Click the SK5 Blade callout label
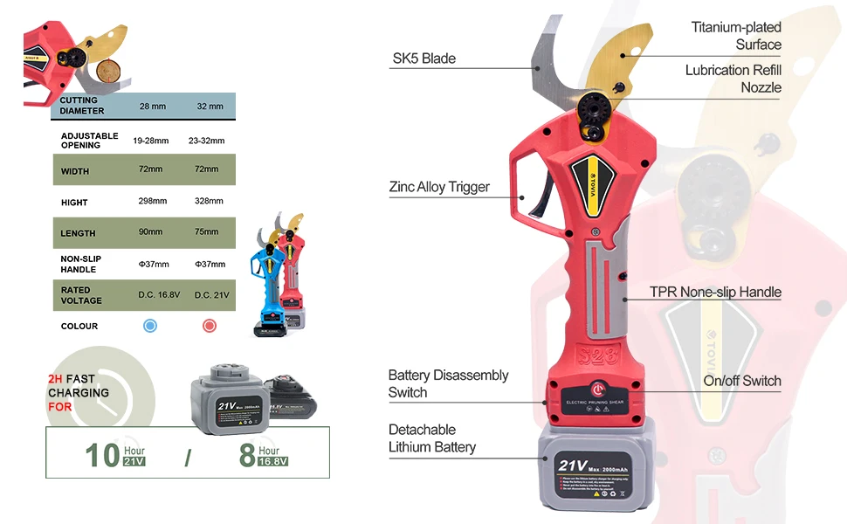[x=423, y=59]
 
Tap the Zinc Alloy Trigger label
[x=439, y=187]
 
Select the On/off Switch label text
[x=742, y=381]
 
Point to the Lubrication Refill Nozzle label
[x=733, y=79]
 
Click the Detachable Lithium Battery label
[x=432, y=438]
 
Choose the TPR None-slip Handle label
[x=715, y=292]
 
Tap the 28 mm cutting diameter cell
[x=152, y=106]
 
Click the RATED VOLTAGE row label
[x=81, y=295]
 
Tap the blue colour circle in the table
[x=150, y=326]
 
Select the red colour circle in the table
[x=210, y=326]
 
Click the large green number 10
[x=102, y=455]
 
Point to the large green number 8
[x=247, y=455]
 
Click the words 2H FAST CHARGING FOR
[x=79, y=393]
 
